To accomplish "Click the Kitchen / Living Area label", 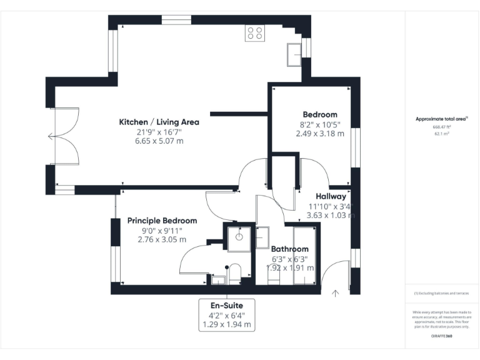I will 159,122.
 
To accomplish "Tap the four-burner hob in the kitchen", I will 254,32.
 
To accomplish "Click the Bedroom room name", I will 320,114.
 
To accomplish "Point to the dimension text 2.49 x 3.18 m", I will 320,133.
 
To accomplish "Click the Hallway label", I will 331,196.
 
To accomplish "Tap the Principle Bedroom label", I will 162,221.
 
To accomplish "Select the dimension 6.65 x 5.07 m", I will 159,141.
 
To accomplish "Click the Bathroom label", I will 289,249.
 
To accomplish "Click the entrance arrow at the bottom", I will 336,291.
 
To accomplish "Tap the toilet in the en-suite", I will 236,273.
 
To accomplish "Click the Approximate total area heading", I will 441,119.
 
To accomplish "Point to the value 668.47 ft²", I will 442,127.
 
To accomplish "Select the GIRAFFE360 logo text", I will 442,336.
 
